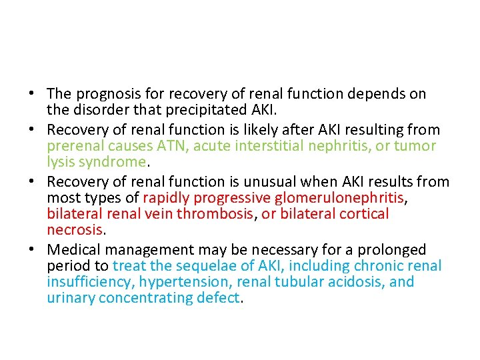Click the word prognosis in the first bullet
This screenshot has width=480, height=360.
pyautogui.click(x=105, y=95)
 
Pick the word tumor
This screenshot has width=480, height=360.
pyautogui.click(x=414, y=146)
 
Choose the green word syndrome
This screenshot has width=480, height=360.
pyautogui.click(x=113, y=162)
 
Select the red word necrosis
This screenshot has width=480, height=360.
pyautogui.click(x=75, y=231)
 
